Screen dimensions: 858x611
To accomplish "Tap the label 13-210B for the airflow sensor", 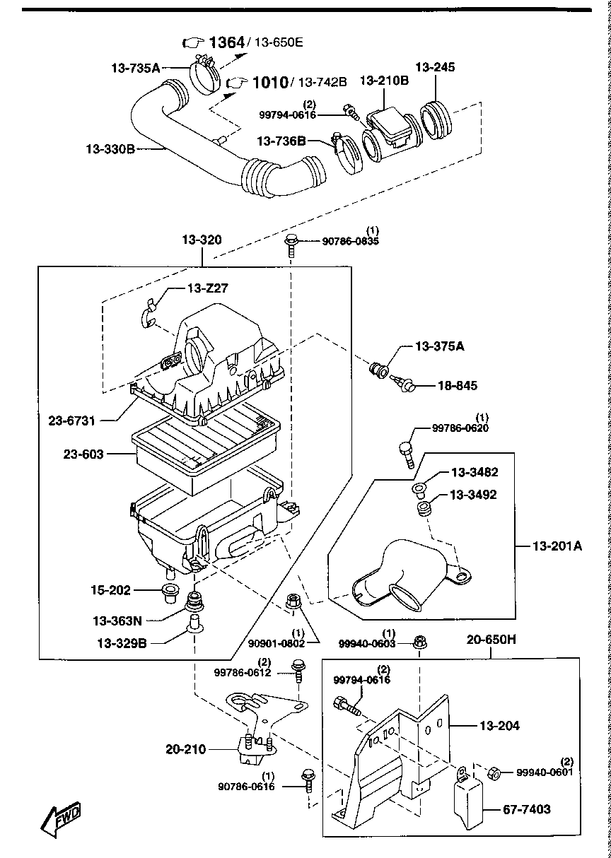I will (384, 81).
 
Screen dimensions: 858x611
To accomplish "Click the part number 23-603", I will (84, 454).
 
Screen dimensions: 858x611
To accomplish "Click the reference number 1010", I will (269, 83).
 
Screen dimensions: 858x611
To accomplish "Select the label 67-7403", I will (526, 809).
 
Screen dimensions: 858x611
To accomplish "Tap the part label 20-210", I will (185, 748).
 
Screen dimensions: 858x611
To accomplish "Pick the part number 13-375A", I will (439, 346).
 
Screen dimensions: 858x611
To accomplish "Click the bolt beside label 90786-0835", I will (291, 245).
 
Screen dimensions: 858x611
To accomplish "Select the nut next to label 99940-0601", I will (496, 773).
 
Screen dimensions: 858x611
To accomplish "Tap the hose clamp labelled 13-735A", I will (204, 76).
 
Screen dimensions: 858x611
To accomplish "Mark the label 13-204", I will (499, 726).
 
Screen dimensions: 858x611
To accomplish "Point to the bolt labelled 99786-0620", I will (406, 452).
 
